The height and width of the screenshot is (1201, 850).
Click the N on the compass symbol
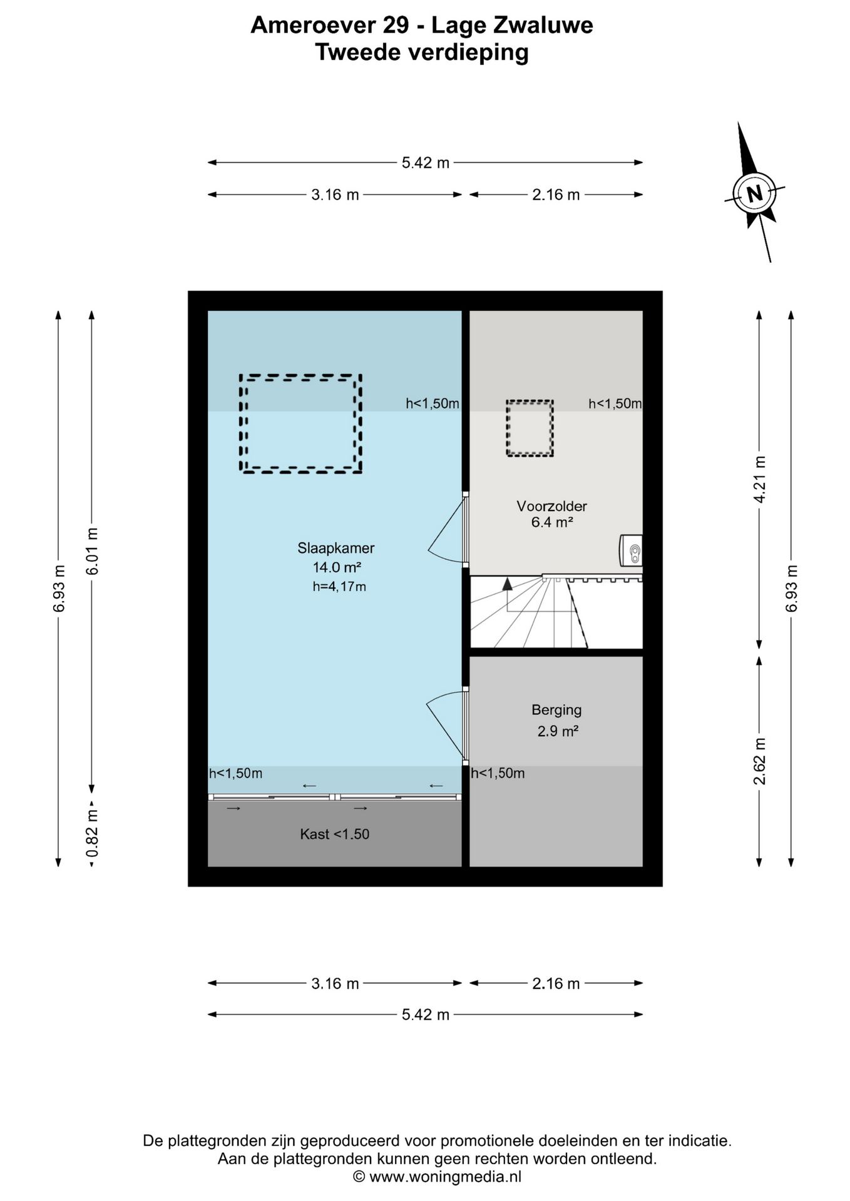[755, 193]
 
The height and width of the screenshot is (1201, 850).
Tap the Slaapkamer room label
[336, 548]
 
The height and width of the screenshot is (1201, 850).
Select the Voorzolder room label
[551, 506]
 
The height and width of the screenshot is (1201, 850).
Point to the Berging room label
[556, 710]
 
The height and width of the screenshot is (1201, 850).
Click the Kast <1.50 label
[335, 834]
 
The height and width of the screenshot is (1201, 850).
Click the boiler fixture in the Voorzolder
[631, 550]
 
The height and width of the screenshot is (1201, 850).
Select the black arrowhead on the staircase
[507, 584]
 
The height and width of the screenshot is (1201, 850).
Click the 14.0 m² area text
[337, 567]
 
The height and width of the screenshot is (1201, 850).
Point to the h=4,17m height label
[339, 587]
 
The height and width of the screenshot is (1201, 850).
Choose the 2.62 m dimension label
[759, 761]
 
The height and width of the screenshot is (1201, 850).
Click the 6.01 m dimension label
[92, 551]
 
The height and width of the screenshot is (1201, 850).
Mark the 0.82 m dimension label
[92, 834]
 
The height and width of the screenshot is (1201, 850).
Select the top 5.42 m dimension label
[426, 163]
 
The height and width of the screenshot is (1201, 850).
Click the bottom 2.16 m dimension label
[556, 983]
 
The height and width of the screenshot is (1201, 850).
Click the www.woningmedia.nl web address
[445, 1177]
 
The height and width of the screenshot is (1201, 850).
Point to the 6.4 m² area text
[552, 522]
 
